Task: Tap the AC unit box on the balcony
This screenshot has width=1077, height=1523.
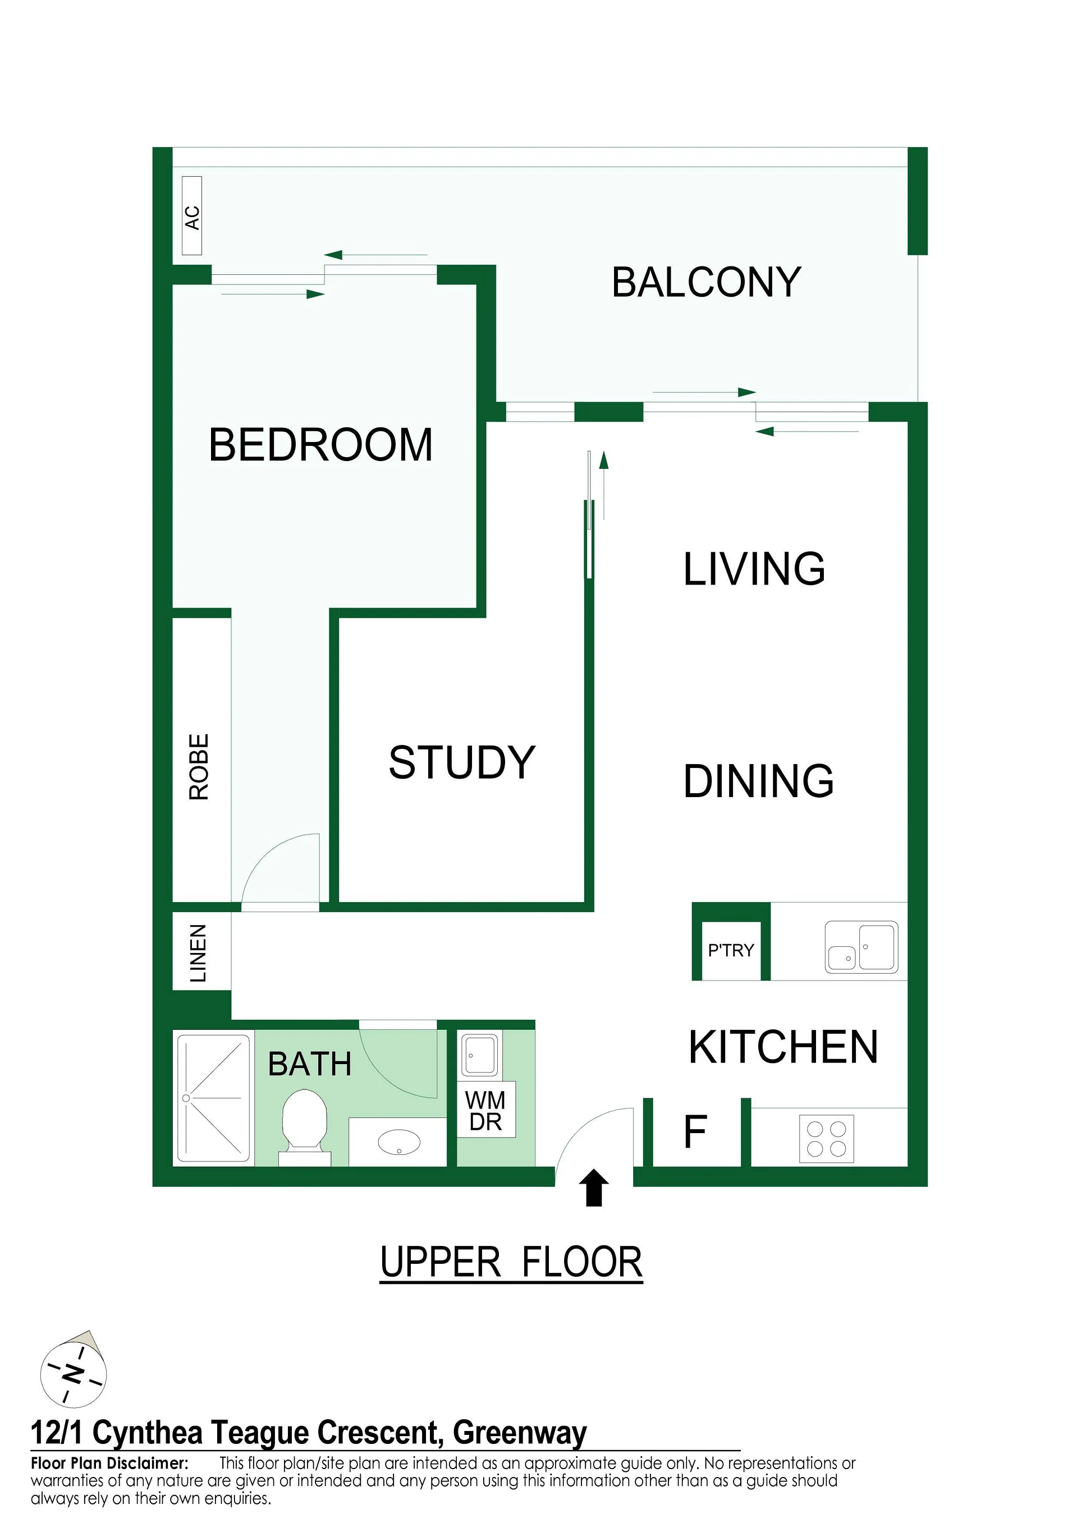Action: (x=192, y=215)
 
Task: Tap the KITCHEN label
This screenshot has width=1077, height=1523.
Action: (x=783, y=1047)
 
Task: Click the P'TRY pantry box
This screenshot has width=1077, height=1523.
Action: (x=731, y=951)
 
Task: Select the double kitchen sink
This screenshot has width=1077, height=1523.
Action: (x=861, y=947)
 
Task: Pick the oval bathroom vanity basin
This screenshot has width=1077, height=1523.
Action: (x=399, y=1142)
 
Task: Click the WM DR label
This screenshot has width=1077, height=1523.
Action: (x=486, y=1111)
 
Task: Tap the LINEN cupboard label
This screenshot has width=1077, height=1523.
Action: (x=199, y=953)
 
